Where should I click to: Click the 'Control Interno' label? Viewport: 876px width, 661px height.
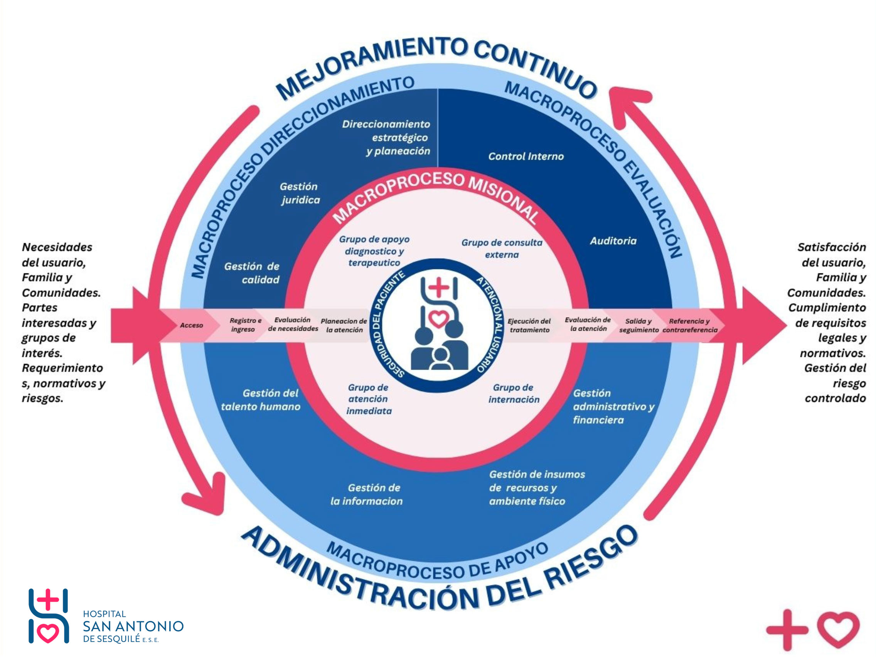526,156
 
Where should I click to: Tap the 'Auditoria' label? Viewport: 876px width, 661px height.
613,241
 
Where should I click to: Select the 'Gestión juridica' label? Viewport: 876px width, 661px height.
300,193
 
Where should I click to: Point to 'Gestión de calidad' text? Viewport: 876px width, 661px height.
252,273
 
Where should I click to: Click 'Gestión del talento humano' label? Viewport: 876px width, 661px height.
261,400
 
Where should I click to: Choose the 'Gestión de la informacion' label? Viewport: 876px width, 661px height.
367,494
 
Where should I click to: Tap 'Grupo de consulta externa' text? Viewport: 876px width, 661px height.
502,249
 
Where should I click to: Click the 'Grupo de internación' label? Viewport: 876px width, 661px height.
514,394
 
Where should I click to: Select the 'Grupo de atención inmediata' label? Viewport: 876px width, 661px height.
369,399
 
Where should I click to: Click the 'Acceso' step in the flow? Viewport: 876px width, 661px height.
191,325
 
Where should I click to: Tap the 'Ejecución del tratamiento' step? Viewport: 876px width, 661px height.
529,325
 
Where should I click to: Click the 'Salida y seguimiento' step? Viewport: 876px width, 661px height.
638,325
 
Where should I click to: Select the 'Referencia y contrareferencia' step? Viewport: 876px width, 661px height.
689,325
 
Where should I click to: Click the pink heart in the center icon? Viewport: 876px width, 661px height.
438,318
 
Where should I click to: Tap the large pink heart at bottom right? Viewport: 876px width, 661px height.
838,629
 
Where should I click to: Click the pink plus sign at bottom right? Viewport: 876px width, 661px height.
787,629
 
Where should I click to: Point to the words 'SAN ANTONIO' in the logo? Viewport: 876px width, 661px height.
133,626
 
